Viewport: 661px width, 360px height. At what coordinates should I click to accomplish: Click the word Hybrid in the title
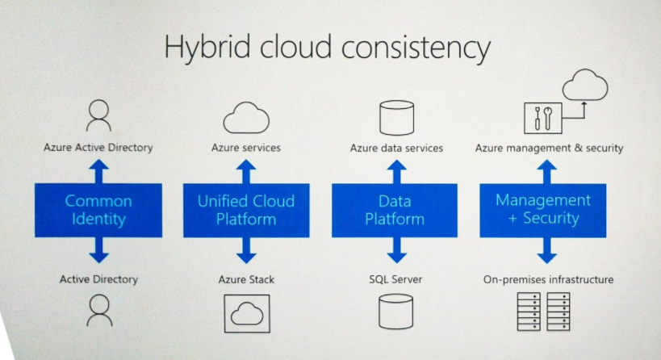click(207, 47)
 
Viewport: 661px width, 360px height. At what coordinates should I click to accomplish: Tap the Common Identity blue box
click(98, 210)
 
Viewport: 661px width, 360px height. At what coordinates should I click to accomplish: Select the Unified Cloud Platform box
click(246, 210)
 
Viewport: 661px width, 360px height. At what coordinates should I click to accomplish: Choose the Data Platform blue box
click(395, 210)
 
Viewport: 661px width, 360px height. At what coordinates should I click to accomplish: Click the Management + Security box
click(543, 210)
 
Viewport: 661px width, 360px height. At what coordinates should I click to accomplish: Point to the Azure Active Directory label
click(98, 148)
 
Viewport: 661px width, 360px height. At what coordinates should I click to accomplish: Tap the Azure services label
click(246, 148)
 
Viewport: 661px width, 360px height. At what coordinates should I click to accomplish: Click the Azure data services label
click(396, 148)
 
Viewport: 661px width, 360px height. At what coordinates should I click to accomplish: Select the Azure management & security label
click(549, 148)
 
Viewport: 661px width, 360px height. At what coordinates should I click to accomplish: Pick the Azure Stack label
click(246, 279)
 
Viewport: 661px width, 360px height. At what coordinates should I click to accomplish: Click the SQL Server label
click(395, 279)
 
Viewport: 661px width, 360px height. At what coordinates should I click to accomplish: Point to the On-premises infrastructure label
click(548, 279)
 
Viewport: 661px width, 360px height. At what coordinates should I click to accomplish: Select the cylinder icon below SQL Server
click(380, 312)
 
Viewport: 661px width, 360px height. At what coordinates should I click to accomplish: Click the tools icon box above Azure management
click(525, 118)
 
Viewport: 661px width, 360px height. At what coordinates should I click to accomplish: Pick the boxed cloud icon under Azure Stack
click(225, 314)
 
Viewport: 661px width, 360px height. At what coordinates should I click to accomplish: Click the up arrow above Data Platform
click(397, 172)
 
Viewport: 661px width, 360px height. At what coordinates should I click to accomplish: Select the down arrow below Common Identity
click(98, 250)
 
